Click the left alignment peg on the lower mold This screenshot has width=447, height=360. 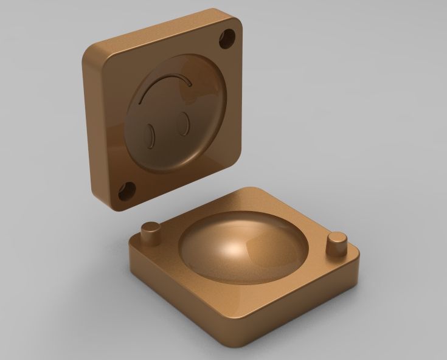coord(150,233)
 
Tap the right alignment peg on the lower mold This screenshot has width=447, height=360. coord(336,244)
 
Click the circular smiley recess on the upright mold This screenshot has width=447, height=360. coord(176,112)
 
